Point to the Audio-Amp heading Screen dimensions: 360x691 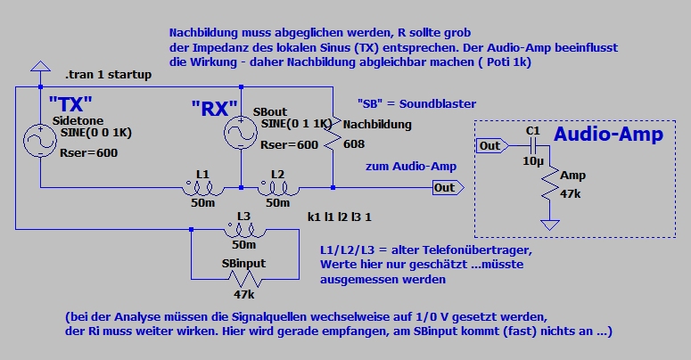(608, 135)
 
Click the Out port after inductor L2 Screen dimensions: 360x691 (443, 187)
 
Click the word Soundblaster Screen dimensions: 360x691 (438, 102)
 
